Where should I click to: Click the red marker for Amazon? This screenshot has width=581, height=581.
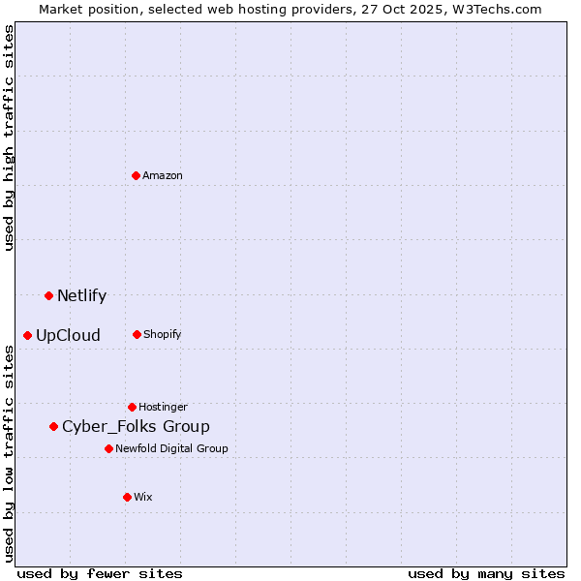(x=137, y=175)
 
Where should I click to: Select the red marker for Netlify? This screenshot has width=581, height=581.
(x=48, y=295)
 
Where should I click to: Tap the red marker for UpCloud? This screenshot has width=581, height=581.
(x=28, y=335)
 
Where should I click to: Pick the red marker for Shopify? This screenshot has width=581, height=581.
(x=137, y=334)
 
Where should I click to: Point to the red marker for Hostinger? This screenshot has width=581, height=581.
(x=132, y=407)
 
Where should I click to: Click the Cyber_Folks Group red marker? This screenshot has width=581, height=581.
(x=54, y=426)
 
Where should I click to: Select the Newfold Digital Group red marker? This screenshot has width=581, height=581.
(x=108, y=448)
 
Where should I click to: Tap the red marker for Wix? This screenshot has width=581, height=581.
(x=127, y=497)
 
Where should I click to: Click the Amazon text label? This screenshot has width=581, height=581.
(x=163, y=175)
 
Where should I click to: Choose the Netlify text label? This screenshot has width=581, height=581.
(x=81, y=296)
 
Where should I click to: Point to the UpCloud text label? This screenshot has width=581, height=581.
(x=68, y=336)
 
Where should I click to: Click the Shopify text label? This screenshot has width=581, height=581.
(x=163, y=334)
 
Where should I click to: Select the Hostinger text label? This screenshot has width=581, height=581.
(x=163, y=407)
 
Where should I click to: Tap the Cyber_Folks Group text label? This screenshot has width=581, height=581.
(x=136, y=427)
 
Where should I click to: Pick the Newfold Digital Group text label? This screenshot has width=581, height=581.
(x=171, y=448)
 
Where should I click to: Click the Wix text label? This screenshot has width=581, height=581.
(x=143, y=497)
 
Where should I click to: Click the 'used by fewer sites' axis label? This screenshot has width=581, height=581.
(x=100, y=573)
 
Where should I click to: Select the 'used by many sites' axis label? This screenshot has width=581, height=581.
(x=486, y=573)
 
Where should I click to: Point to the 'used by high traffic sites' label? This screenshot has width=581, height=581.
(x=9, y=138)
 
